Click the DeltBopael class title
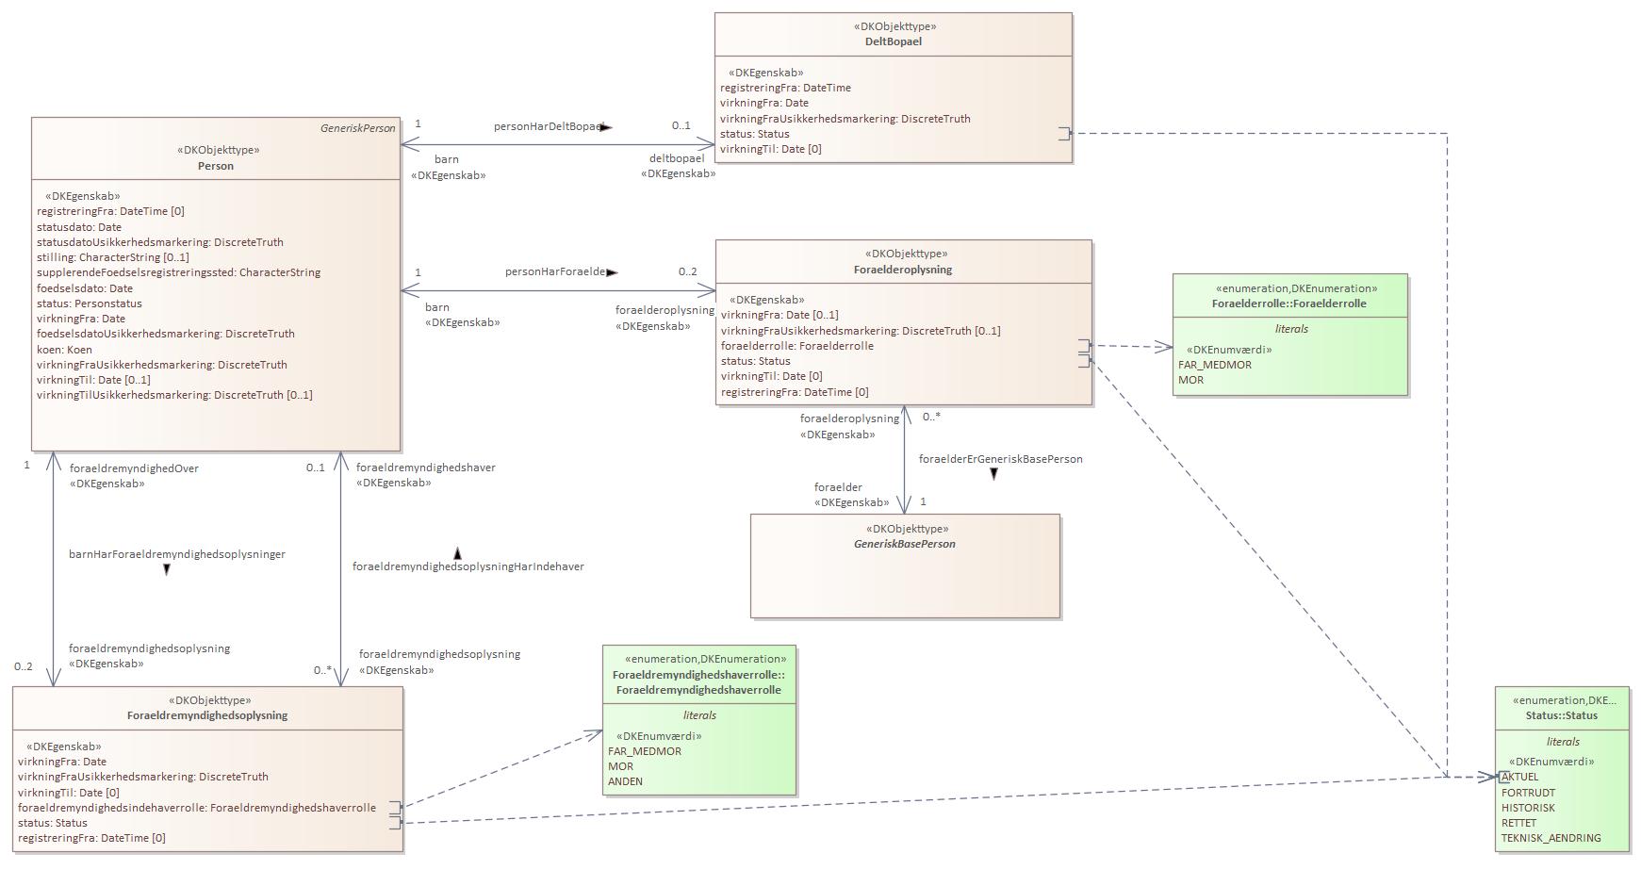click(x=893, y=41)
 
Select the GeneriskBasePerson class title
click(x=904, y=544)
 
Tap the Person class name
click(x=216, y=166)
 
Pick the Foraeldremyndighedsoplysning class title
click(x=207, y=715)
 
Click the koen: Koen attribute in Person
click(x=65, y=350)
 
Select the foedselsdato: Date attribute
click(x=85, y=288)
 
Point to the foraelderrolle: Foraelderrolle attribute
click(x=796, y=346)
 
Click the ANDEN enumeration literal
click(x=625, y=781)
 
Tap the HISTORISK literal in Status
click(x=1528, y=808)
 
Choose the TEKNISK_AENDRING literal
click(x=1551, y=838)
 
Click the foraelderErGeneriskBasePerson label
click(x=1000, y=459)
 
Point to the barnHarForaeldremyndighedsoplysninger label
click(x=177, y=554)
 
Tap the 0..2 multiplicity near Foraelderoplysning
click(x=687, y=271)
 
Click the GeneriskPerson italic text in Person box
click(x=357, y=128)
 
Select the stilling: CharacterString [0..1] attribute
click(x=113, y=257)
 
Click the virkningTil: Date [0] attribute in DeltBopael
click(x=770, y=149)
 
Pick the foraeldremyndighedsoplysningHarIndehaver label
click(x=468, y=566)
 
